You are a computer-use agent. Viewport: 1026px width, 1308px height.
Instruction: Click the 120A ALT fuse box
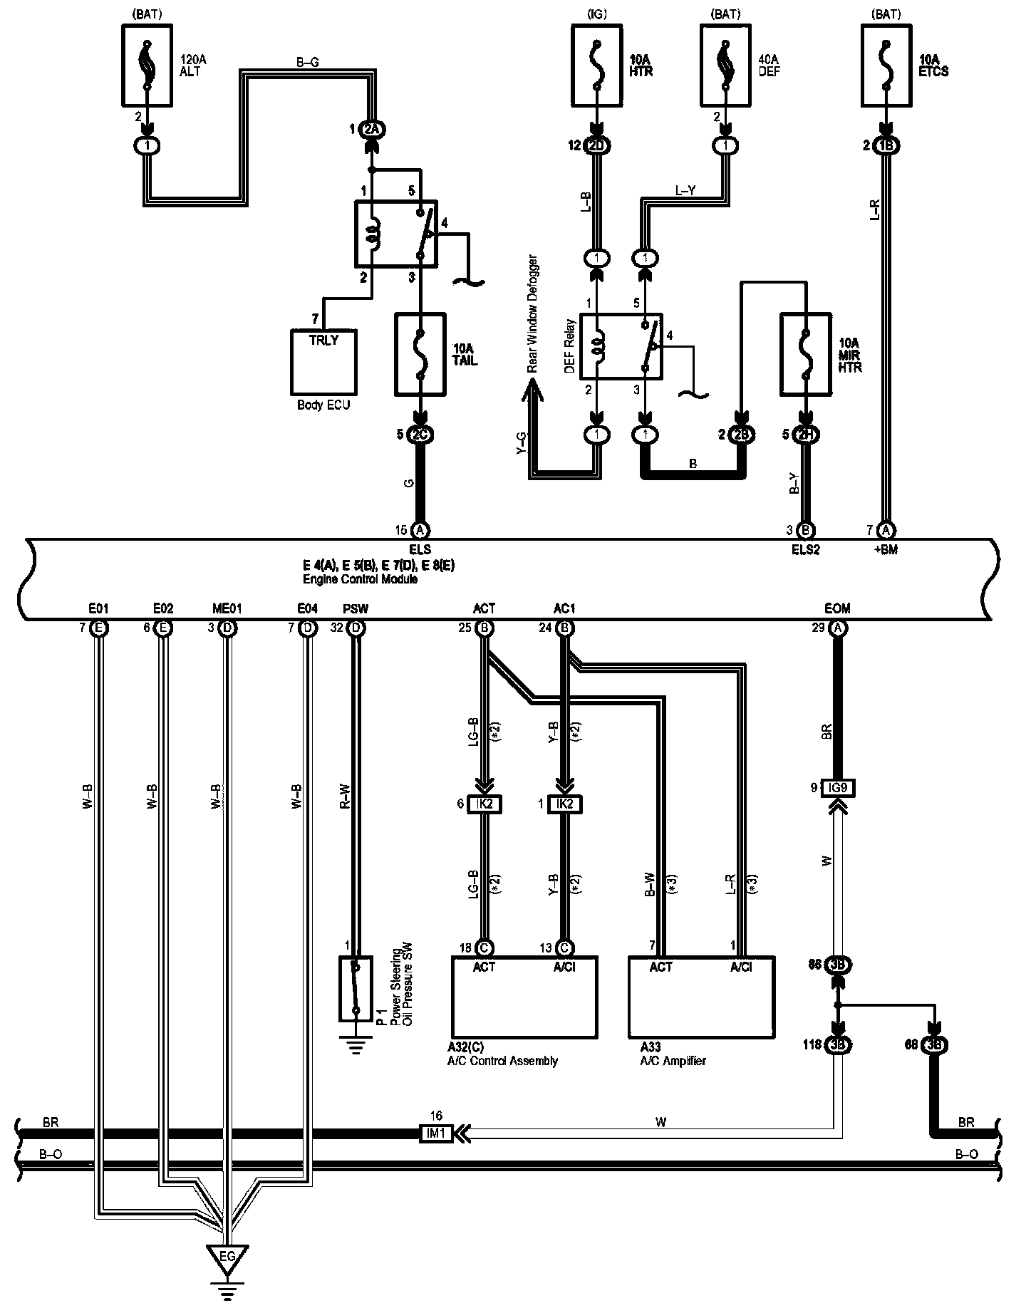pos(147,65)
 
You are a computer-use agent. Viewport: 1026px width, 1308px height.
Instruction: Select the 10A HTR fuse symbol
pos(596,65)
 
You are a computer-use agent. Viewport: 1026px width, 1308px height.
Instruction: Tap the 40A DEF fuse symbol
pos(725,65)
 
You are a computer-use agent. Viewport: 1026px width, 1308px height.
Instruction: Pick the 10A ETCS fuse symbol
pos(886,65)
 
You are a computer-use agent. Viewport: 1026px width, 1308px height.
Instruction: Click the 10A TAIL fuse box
pos(420,354)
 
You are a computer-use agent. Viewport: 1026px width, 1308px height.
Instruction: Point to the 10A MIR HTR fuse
pos(806,354)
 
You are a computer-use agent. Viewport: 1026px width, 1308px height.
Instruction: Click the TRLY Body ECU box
pos(323,362)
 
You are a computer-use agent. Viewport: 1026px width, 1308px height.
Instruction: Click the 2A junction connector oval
pos(371,130)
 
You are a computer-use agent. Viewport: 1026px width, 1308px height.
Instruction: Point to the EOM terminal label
pos(838,608)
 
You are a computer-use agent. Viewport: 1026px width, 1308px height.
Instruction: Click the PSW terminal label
pos(356,608)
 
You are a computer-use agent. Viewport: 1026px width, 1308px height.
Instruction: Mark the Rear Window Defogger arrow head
pos(531,389)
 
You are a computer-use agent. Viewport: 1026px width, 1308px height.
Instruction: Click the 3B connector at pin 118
pos(838,1046)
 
